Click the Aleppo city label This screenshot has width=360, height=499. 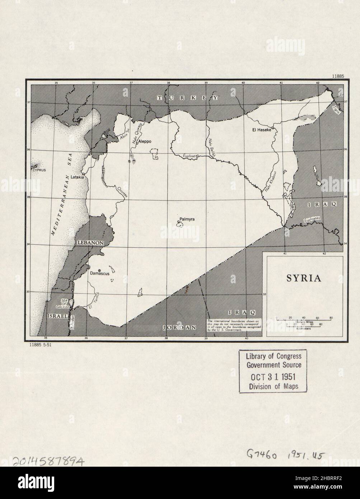coord(145,141)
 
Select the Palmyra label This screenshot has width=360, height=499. coord(187,219)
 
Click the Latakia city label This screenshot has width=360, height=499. coord(77,177)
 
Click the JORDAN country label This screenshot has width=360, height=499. coord(179,327)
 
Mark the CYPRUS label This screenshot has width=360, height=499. coord(40,170)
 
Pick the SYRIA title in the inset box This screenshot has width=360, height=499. coord(303,279)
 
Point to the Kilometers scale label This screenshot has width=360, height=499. coord(303,328)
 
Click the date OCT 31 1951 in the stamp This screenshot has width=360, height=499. coord(273,377)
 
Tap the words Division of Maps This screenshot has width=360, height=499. coord(273,387)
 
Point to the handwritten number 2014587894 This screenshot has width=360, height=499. coord(48,461)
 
